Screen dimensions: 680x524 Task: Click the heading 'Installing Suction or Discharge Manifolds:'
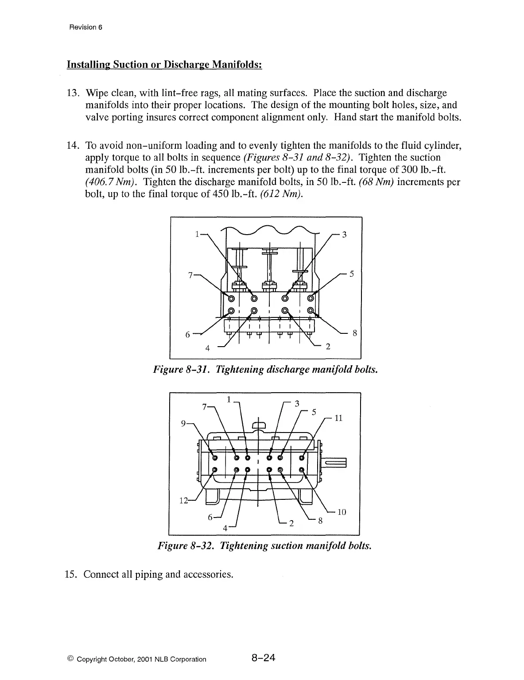point(164,65)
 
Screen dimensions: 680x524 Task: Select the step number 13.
point(73,93)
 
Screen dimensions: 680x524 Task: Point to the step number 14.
point(73,146)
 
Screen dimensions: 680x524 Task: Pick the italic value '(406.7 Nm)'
point(111,182)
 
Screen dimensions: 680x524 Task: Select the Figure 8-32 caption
point(264,545)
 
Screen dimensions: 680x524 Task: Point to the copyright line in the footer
point(137,659)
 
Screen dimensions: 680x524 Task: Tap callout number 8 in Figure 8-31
point(354,333)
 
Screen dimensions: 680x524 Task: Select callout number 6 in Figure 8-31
point(188,335)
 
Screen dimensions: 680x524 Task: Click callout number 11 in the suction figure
point(338,418)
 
